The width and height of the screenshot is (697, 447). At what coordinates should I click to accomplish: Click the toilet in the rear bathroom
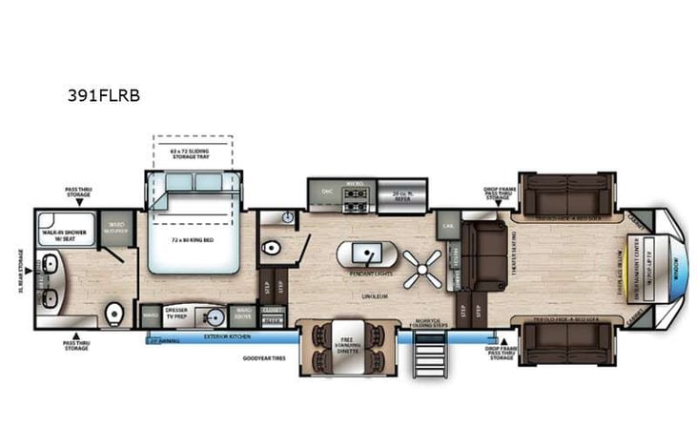point(114,312)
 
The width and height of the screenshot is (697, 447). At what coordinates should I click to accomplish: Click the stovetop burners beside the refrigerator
point(356,198)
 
